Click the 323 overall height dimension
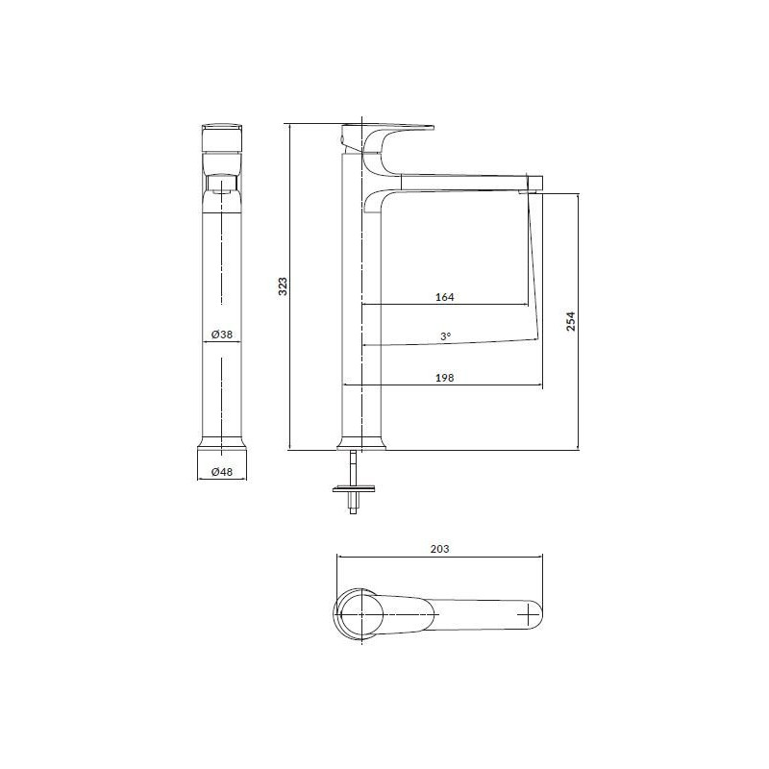click(283, 286)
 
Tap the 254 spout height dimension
click(570, 321)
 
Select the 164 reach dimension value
click(444, 297)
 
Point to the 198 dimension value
click(444, 378)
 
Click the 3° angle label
click(444, 336)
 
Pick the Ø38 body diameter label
click(222, 335)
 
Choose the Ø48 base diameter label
click(222, 471)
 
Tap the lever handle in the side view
click(394, 129)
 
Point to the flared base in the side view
click(362, 443)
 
